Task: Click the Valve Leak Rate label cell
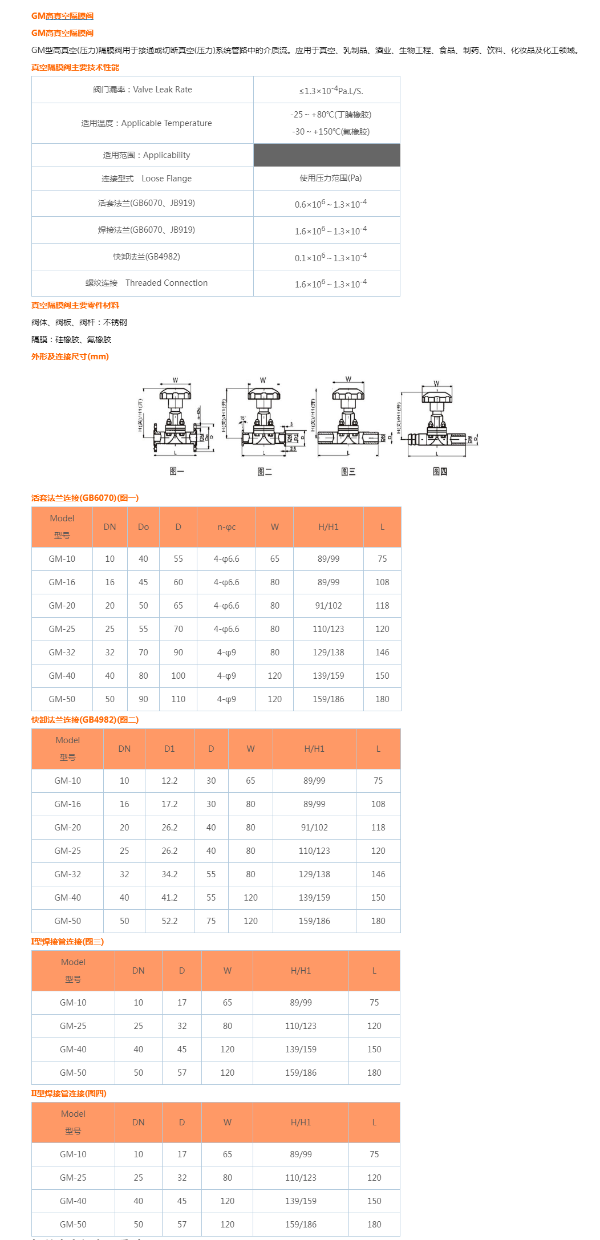tap(143, 90)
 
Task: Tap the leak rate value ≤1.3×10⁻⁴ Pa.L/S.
tap(331, 91)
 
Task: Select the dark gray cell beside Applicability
tap(327, 155)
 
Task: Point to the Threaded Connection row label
tap(147, 283)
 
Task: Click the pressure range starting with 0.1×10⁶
tap(331, 257)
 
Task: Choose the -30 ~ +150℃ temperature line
tap(331, 132)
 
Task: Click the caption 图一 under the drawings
tap(177, 471)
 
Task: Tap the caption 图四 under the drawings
tap(440, 471)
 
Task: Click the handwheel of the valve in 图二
tap(263, 394)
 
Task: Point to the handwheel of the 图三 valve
tap(348, 394)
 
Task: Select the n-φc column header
tap(226, 527)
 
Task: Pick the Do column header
tap(143, 527)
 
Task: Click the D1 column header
tap(169, 749)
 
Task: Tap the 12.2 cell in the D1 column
tap(169, 781)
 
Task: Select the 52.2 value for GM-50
tap(169, 921)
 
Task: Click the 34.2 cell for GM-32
tap(169, 874)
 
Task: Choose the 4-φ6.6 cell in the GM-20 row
tap(226, 606)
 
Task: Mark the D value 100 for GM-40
tap(179, 676)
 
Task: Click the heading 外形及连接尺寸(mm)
tap(70, 356)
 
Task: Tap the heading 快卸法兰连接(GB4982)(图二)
tap(85, 720)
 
